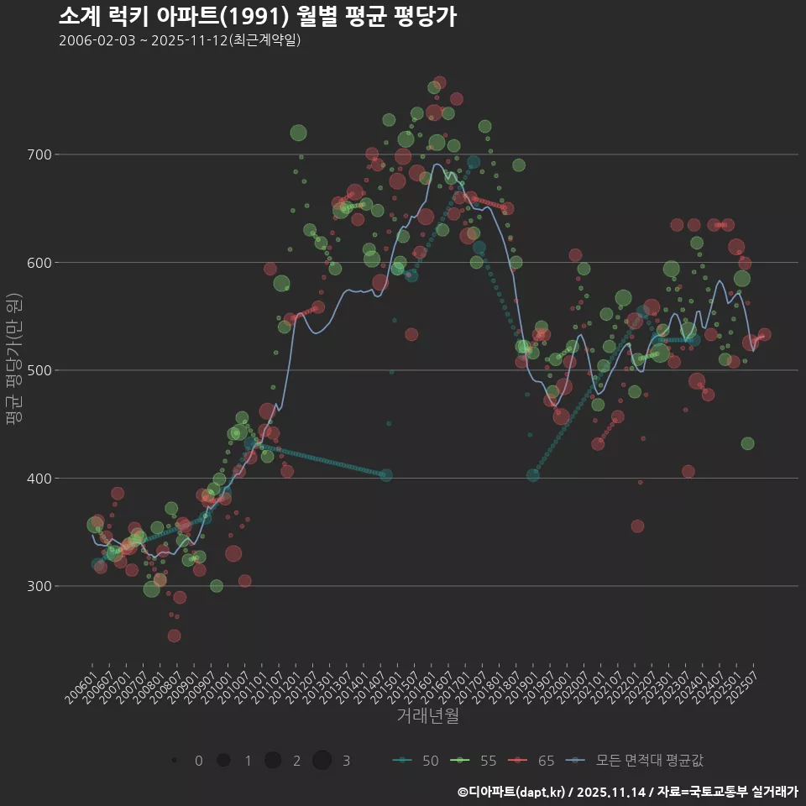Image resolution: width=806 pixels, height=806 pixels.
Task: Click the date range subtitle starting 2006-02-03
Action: (x=180, y=40)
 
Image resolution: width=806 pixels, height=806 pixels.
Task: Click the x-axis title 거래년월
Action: (x=427, y=716)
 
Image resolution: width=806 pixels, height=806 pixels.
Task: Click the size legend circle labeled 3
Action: (x=322, y=761)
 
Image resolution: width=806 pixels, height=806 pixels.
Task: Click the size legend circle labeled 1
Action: (x=223, y=761)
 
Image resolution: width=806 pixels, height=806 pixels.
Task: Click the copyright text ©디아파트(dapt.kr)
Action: (x=514, y=792)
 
